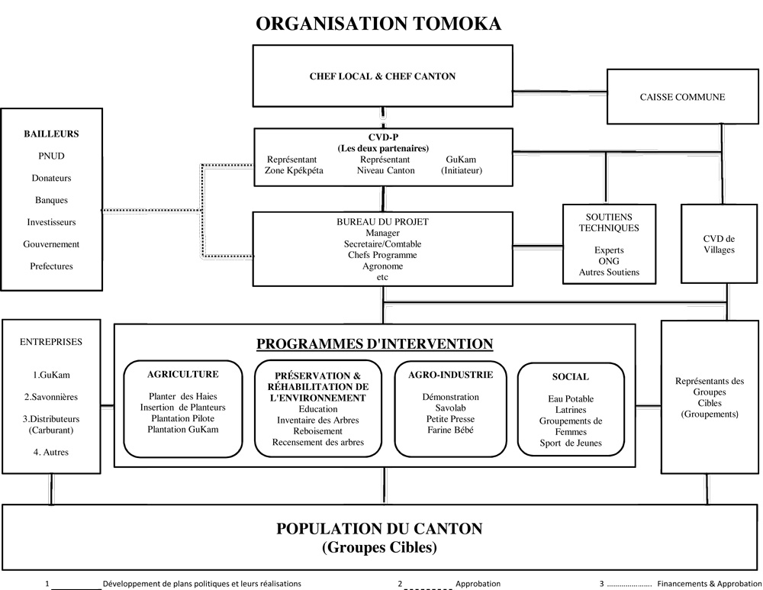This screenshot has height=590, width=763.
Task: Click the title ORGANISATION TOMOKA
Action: click(378, 23)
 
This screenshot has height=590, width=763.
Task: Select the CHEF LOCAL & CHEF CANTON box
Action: click(382, 76)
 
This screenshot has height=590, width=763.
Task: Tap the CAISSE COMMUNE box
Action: click(681, 97)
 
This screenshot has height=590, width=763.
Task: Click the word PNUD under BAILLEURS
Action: click(51, 156)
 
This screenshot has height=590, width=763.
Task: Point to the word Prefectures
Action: click(51, 266)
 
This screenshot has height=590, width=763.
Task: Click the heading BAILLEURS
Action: click(51, 134)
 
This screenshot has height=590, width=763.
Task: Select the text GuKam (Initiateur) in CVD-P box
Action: click(462, 165)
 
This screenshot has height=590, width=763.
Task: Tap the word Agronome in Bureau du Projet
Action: click(381, 266)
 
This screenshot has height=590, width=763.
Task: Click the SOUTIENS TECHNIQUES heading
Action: click(609, 222)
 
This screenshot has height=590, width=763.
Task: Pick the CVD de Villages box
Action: click(719, 244)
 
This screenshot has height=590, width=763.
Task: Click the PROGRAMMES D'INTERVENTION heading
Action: click(375, 343)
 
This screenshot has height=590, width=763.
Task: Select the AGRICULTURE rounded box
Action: click(183, 409)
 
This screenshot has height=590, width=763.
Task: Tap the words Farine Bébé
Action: click(450, 430)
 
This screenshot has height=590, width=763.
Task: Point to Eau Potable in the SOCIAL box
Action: click(571, 399)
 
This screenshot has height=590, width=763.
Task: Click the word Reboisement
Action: click(317, 431)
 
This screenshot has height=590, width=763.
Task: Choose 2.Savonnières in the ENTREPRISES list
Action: click(50, 397)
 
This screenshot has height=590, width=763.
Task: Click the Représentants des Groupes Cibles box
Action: click(710, 397)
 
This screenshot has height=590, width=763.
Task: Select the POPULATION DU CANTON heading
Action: click(379, 528)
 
